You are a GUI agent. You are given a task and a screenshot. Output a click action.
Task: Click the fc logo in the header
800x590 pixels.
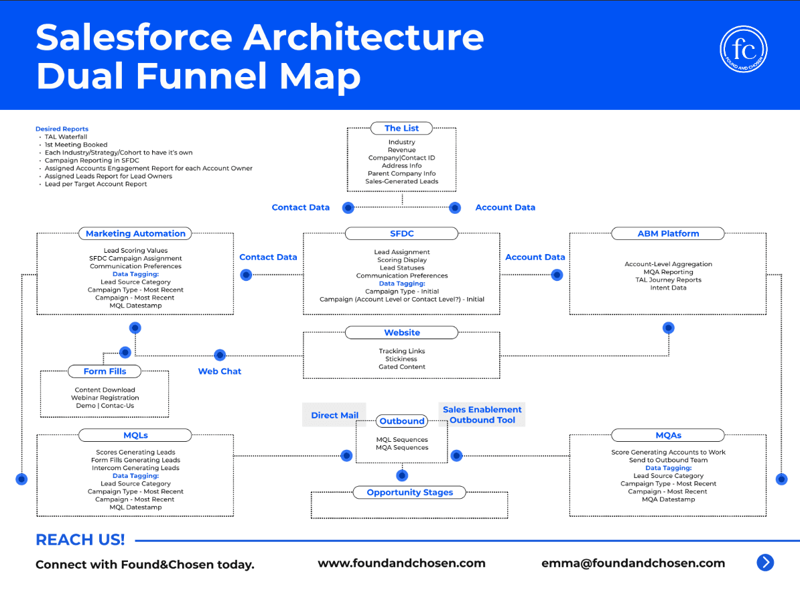743,49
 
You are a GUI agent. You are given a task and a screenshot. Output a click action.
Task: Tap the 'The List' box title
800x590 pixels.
401,128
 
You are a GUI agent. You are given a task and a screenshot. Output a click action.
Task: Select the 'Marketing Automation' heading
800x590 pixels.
135,233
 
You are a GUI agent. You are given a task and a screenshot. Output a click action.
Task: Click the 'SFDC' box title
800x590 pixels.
401,233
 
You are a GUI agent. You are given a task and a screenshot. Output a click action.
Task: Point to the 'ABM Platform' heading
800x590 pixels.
668,233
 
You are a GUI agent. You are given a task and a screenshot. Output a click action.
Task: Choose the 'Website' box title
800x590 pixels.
402,333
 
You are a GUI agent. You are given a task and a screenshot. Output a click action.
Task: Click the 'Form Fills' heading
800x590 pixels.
105,371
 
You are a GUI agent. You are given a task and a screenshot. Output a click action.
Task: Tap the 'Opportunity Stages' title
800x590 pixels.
409,492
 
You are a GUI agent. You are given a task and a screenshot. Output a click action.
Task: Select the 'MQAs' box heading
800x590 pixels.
669,435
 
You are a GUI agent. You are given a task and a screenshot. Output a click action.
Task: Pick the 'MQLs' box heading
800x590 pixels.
135,435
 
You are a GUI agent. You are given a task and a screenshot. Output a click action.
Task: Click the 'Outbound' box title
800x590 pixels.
401,420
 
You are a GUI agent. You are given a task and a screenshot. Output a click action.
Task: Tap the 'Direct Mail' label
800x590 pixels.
335,415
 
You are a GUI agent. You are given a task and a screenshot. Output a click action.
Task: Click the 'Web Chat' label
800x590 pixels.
219,371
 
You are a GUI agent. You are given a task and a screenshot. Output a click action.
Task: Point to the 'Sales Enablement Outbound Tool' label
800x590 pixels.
482,414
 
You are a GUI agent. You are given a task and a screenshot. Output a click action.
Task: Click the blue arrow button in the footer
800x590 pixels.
764,563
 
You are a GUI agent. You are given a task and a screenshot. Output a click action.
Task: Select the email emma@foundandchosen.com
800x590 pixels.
632,563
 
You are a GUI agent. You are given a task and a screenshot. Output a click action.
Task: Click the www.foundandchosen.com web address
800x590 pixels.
401,563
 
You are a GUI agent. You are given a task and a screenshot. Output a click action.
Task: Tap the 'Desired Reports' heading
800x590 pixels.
62,129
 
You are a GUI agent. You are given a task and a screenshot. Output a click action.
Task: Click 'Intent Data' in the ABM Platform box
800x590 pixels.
668,288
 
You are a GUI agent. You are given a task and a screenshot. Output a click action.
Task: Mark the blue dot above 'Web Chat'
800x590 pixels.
219,355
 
